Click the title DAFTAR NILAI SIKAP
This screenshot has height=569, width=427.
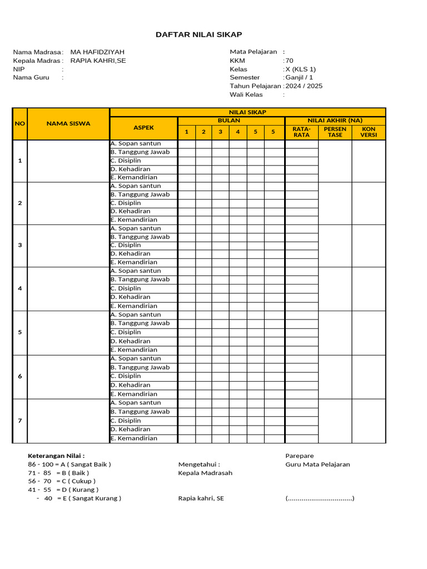pos(198,35)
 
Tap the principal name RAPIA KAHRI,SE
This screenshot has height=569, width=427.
pos(98,61)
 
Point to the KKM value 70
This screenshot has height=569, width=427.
pos(289,61)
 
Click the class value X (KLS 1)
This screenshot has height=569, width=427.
pos(300,69)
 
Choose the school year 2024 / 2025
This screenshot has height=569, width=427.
pos(304,86)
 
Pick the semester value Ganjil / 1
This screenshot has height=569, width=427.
pos(299,78)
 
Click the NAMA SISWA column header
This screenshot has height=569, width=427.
pos(68,124)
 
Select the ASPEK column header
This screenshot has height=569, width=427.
pos(143,128)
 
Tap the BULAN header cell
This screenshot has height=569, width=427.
pos(229,121)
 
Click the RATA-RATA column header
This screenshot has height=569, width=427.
pos(301,132)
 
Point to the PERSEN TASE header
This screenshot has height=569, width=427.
pos(335,132)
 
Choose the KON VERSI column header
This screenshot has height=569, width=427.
pos(369,132)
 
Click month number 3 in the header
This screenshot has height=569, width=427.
pos(221,132)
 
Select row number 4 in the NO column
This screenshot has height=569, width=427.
pos(20,288)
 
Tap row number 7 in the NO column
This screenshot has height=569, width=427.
pos(20,421)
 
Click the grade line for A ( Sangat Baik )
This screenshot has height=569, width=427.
pos(69,465)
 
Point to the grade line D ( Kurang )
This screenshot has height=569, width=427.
pos(63,490)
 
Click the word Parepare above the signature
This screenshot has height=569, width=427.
pos(300,456)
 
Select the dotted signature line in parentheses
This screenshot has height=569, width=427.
pos(320,498)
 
